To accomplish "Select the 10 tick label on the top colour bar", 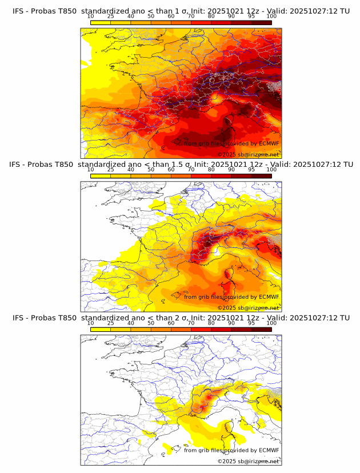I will pyautogui.click(x=91, y=16).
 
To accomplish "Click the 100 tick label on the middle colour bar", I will pyautogui.click(x=271, y=170).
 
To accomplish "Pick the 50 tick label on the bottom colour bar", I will pyautogui.click(x=151, y=323).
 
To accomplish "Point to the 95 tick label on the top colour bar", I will pyautogui.click(x=251, y=16).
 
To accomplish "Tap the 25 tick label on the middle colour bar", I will pyautogui.click(x=111, y=170).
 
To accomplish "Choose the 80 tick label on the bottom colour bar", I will pyautogui.click(x=211, y=323).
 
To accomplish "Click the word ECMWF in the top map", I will pyautogui.click(x=269, y=143).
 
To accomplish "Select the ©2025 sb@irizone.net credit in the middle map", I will pyautogui.click(x=248, y=308).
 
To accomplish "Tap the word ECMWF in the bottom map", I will pyautogui.click(x=269, y=450).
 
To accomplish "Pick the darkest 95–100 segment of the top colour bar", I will pyautogui.click(x=261, y=22).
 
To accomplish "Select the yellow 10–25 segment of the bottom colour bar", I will pyautogui.click(x=101, y=329).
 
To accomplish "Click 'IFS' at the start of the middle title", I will pyautogui.click(x=18, y=165).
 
